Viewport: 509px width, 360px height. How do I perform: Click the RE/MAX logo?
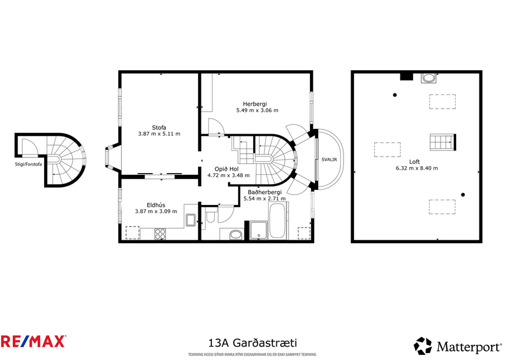click(33, 341)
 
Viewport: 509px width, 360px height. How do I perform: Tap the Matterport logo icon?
click(423, 346)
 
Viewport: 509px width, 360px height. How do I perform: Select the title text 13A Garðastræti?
click(254, 343)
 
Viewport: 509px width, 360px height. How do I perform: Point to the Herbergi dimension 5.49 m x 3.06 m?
click(257, 110)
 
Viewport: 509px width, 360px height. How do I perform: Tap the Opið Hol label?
click(227, 169)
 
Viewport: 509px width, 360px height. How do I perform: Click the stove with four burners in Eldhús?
click(161, 234)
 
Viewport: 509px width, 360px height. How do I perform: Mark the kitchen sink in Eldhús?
click(190, 220)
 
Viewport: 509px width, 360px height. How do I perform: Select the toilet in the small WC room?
click(211, 217)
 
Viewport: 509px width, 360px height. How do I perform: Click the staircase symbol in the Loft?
click(442, 141)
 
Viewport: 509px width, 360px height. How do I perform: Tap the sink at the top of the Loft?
click(429, 77)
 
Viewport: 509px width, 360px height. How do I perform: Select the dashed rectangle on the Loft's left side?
click(388, 150)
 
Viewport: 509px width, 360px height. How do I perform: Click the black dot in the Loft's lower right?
click(463, 195)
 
